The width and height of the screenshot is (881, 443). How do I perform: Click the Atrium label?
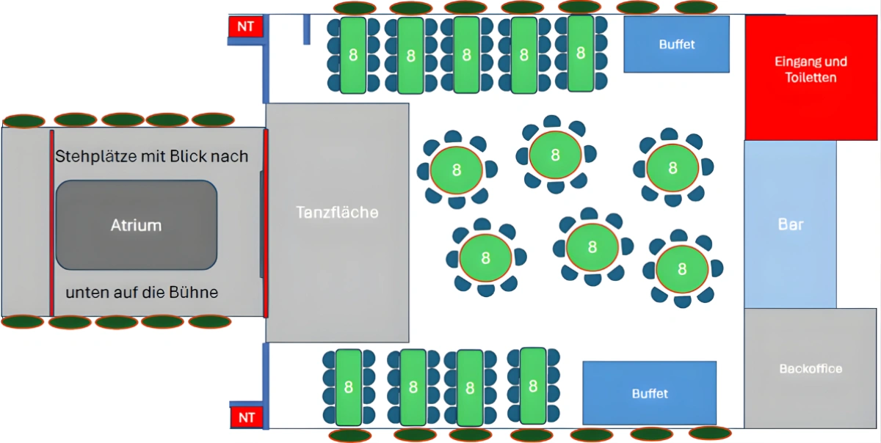click(x=136, y=225)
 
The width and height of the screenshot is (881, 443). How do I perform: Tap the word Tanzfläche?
click(x=337, y=213)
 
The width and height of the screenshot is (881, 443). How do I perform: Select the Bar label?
click(x=790, y=224)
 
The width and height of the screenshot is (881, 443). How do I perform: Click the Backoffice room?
click(x=811, y=369)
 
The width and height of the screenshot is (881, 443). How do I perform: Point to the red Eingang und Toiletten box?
click(x=811, y=76)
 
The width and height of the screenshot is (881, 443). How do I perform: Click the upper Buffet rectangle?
click(x=676, y=44)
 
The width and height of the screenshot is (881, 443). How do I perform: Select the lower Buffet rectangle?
click(x=650, y=393)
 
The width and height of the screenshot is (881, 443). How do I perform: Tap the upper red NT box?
click(x=246, y=26)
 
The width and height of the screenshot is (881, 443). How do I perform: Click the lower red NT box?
click(x=246, y=417)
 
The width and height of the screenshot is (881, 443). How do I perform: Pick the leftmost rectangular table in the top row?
click(x=353, y=55)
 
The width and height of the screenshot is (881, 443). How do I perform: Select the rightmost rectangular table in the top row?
click(x=581, y=53)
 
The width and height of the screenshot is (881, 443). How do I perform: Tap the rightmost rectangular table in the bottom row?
click(x=533, y=386)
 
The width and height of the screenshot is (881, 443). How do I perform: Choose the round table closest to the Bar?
click(x=682, y=268)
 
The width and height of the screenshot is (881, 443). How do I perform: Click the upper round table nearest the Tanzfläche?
click(x=457, y=169)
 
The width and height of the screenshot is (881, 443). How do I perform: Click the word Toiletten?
click(x=811, y=77)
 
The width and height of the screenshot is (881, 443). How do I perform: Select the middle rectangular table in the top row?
click(x=466, y=55)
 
